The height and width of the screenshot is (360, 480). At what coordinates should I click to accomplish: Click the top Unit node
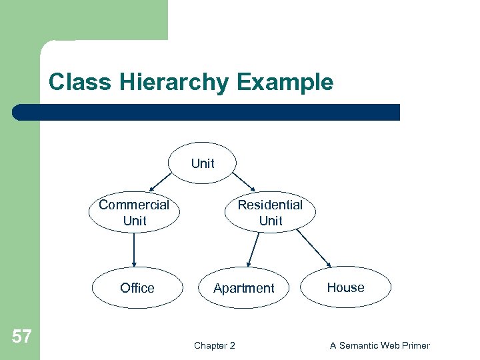(203, 163)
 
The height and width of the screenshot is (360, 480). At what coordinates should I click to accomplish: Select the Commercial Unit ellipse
(134, 213)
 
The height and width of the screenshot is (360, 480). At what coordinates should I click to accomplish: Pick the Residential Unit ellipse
(270, 213)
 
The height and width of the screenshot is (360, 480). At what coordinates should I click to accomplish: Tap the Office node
(137, 288)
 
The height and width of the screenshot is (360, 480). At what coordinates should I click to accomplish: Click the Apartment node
(243, 289)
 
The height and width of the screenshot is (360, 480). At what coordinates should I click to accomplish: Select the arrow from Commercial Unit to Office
(134, 249)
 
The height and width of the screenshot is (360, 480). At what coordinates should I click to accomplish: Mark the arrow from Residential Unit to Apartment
(251, 251)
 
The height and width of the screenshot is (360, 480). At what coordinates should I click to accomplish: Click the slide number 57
(21, 336)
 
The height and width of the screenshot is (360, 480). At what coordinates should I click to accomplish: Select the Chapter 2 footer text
(214, 345)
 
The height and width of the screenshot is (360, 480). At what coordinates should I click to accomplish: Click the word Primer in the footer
(414, 345)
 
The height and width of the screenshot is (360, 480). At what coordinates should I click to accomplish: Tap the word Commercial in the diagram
(134, 205)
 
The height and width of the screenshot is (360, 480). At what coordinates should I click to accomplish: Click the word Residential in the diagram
(270, 205)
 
